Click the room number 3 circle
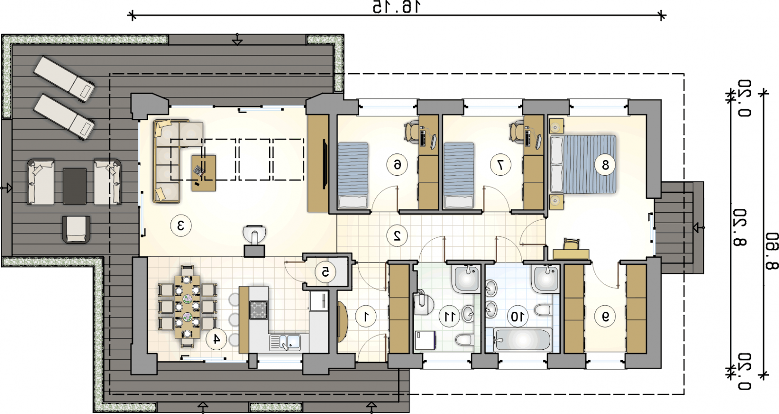(181, 226)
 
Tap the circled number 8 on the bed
(605, 165)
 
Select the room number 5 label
(326, 272)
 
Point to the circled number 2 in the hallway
(397, 236)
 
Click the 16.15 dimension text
(397, 7)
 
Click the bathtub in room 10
(522, 339)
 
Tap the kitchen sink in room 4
(285, 342)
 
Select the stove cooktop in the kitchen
(259, 310)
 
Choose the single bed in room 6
(353, 175)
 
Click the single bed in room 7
(459, 175)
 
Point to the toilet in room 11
(464, 339)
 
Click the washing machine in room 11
(425, 339)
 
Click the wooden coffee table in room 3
(204, 173)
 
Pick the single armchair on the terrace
(76, 229)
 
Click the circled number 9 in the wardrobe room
(606, 316)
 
